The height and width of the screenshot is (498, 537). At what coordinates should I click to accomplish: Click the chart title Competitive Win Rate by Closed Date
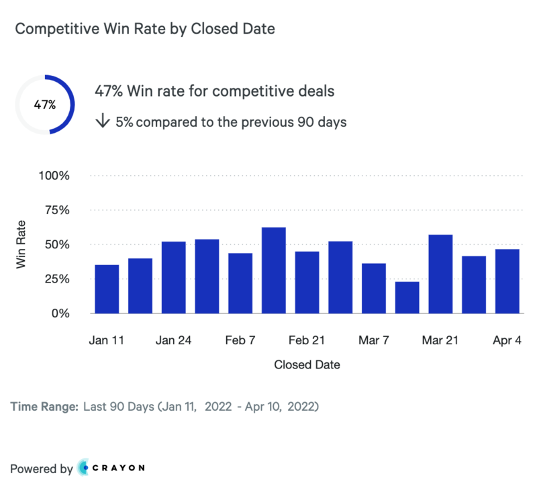pyautogui.click(x=144, y=29)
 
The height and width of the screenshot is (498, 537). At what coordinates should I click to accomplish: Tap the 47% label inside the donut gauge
pyautogui.click(x=45, y=105)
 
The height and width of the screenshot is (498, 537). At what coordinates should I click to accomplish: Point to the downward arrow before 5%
pyautogui.click(x=103, y=121)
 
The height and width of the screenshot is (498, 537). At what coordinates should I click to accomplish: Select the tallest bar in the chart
pyautogui.click(x=274, y=270)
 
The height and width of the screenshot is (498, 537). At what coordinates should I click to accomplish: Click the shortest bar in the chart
pyautogui.click(x=407, y=297)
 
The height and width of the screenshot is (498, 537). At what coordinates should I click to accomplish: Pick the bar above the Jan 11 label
pyautogui.click(x=107, y=289)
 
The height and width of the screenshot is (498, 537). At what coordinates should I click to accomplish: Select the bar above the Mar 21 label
pyautogui.click(x=440, y=273)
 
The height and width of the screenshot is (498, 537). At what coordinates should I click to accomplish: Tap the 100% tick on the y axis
pyautogui.click(x=55, y=176)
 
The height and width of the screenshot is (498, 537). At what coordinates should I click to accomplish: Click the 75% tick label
pyautogui.click(x=57, y=210)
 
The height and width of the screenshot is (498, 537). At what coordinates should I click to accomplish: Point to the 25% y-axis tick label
pyautogui.click(x=57, y=279)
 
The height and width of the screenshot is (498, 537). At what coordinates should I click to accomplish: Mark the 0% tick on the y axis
pyautogui.click(x=61, y=313)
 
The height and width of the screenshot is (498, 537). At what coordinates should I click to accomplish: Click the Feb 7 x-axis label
pyautogui.click(x=240, y=340)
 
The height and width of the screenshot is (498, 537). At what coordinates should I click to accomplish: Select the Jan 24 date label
pyautogui.click(x=173, y=340)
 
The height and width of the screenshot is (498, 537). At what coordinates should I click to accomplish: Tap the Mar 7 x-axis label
pyautogui.click(x=374, y=340)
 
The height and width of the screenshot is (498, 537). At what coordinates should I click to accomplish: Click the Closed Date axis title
pyautogui.click(x=307, y=365)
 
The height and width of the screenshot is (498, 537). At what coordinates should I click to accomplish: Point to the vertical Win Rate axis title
pyautogui.click(x=21, y=244)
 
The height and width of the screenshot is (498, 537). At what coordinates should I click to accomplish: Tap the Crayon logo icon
pyautogui.click(x=85, y=468)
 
